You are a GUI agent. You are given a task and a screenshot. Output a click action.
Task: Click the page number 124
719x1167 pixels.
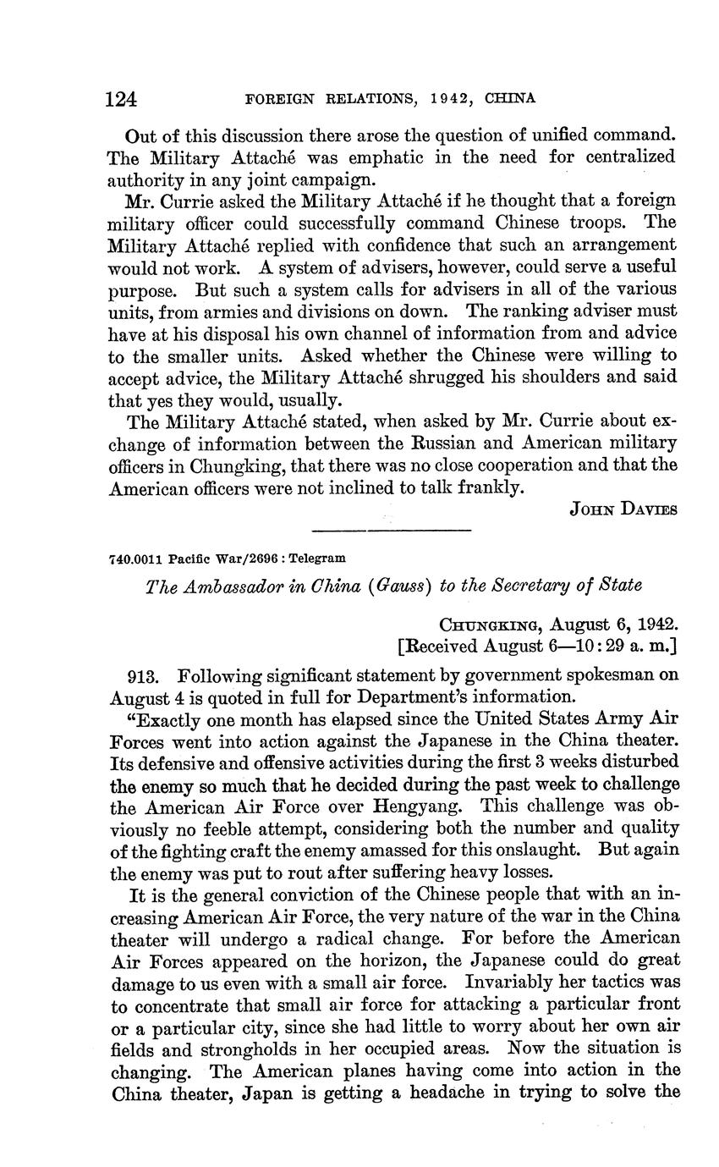(x=122, y=99)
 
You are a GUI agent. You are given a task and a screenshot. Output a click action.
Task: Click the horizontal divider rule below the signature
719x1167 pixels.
(x=391, y=531)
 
